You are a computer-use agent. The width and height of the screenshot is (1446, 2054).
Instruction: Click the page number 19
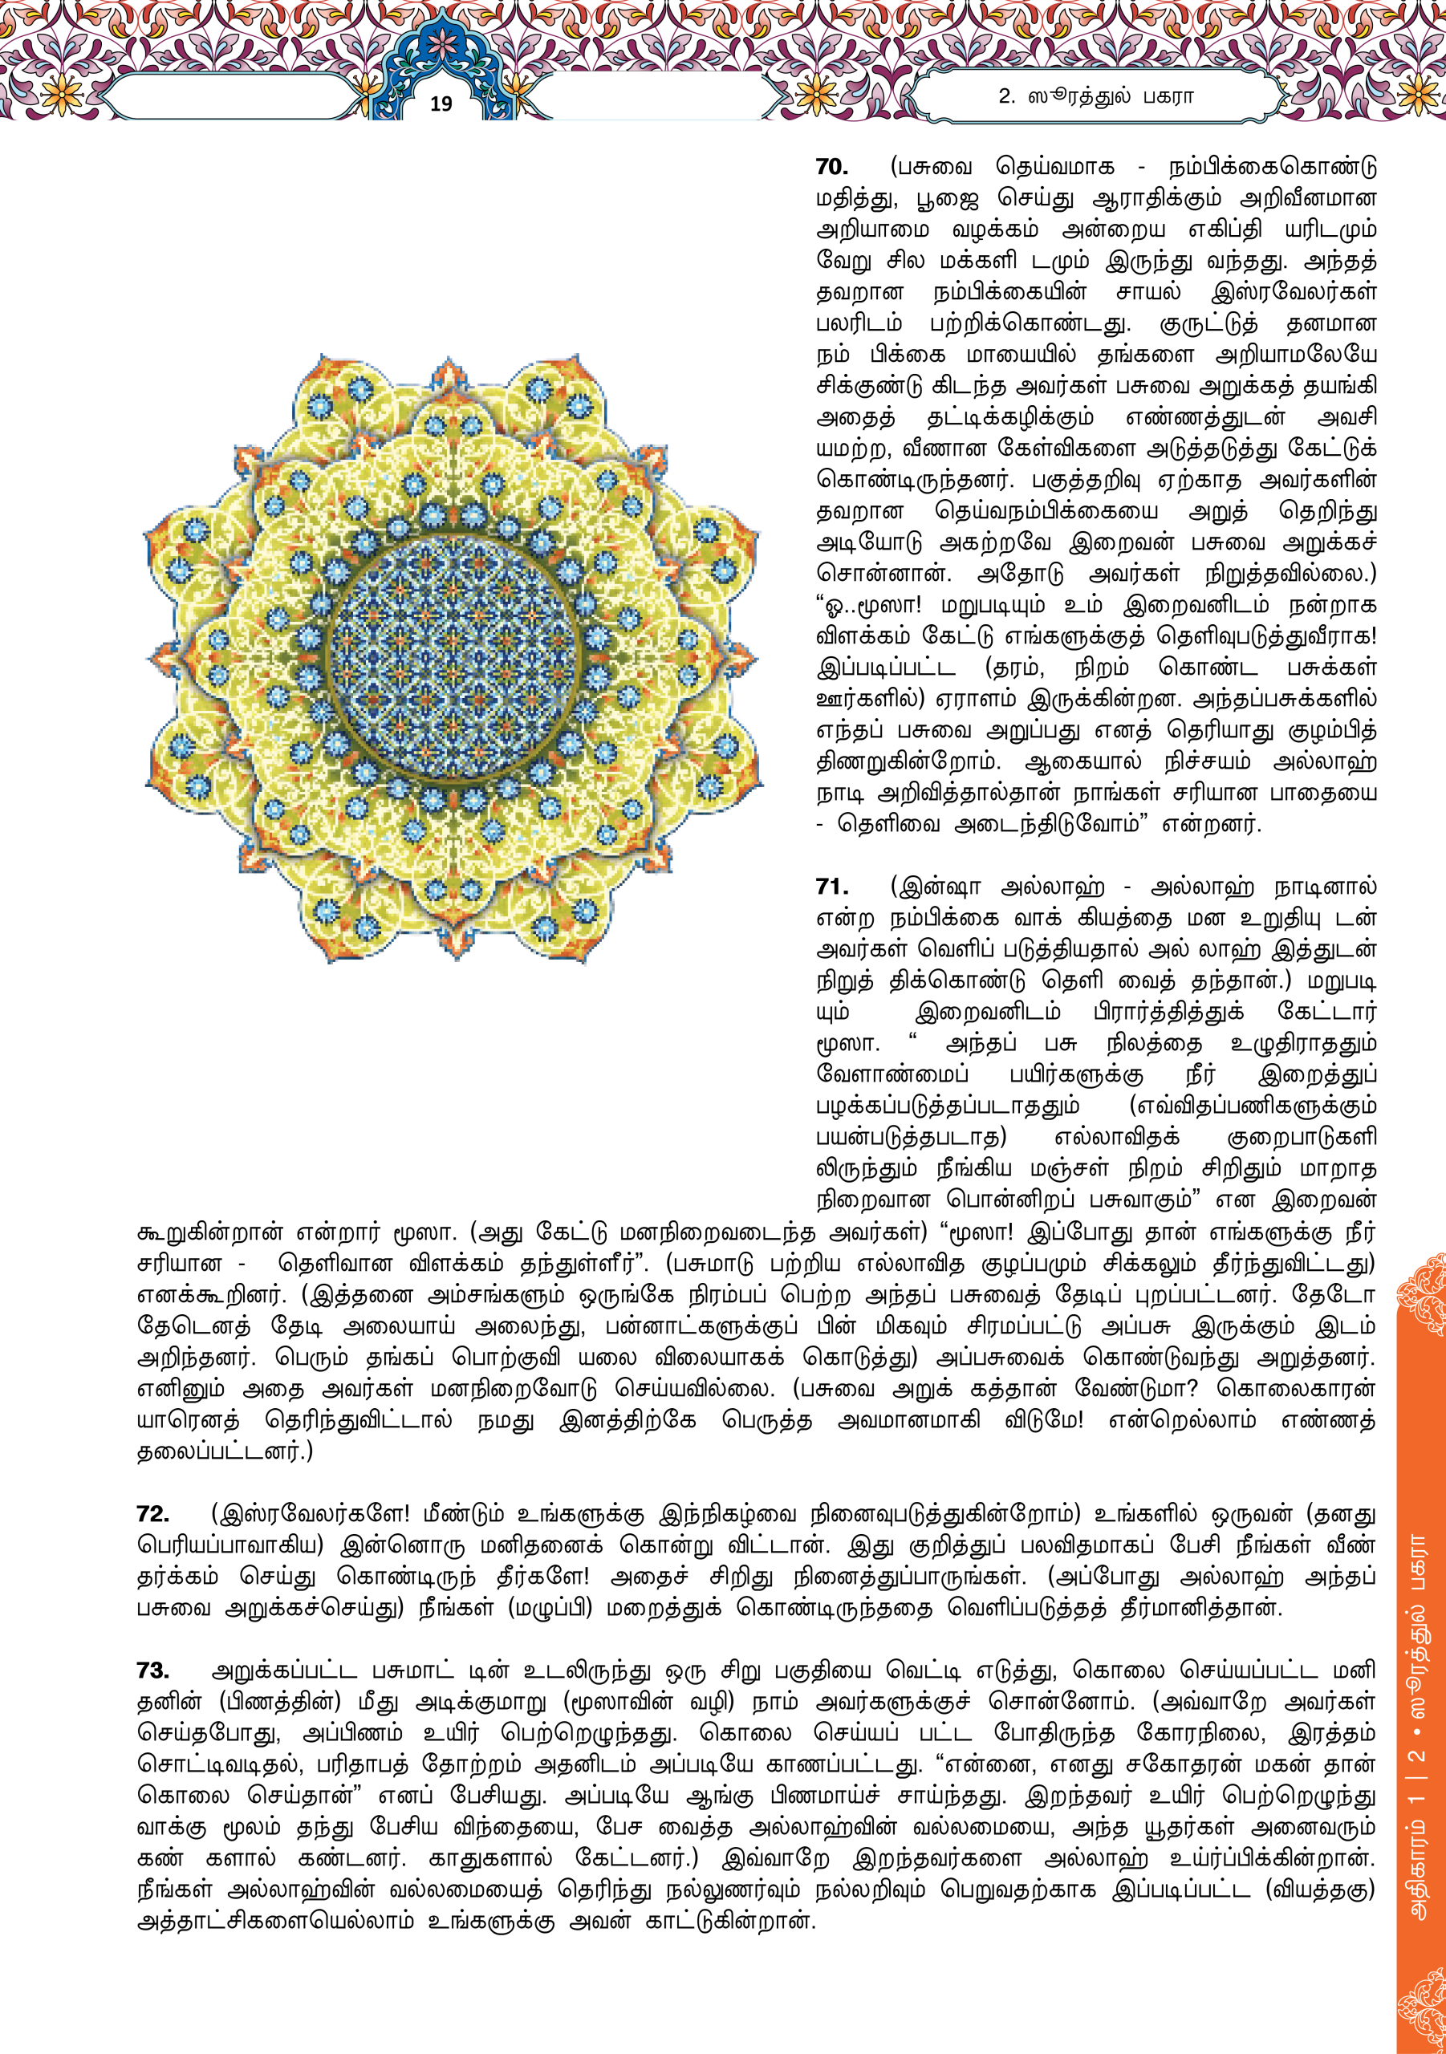(x=441, y=104)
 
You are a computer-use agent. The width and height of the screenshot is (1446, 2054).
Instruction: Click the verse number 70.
(x=831, y=168)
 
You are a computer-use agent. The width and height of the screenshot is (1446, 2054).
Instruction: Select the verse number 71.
(x=831, y=887)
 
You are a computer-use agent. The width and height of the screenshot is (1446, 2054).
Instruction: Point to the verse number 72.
(x=153, y=1514)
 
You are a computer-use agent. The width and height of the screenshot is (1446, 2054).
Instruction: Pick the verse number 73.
(x=153, y=1670)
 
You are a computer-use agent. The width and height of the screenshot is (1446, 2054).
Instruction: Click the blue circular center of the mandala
(x=452, y=658)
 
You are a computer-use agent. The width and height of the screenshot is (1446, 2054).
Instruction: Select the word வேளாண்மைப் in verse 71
(x=892, y=1074)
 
